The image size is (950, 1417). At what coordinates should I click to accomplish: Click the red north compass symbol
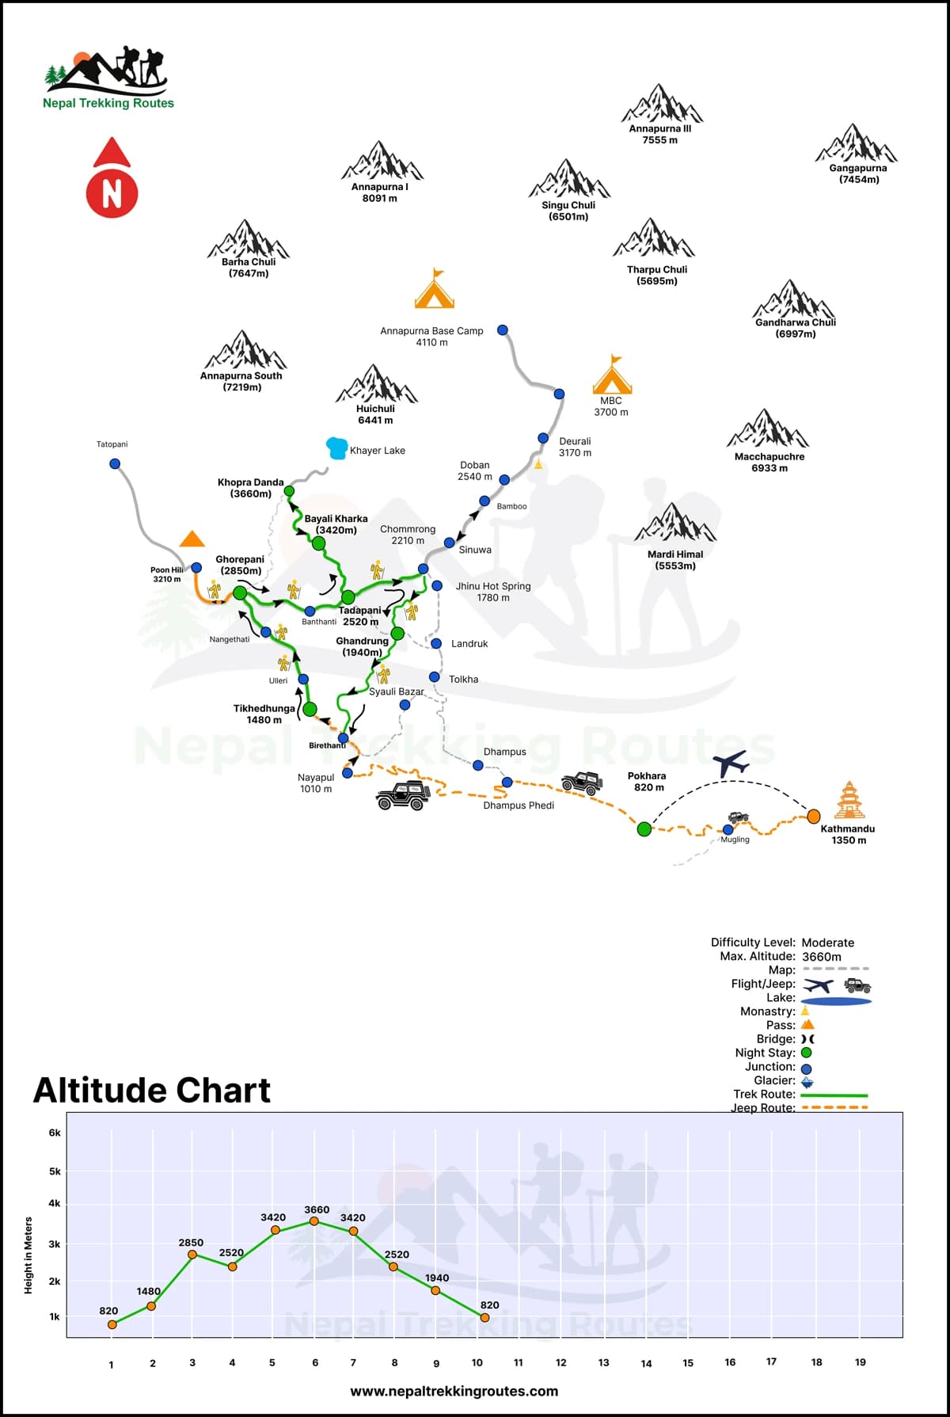[112, 179]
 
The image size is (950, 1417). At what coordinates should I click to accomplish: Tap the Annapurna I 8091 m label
[380, 192]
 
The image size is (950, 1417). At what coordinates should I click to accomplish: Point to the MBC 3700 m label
[611, 406]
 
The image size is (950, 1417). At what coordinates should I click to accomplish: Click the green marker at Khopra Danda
[289, 491]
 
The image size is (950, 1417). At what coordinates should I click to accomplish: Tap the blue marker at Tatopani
[115, 463]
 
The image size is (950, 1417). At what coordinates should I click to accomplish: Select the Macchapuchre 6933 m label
[769, 462]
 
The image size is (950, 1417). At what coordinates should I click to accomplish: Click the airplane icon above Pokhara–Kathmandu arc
[731, 764]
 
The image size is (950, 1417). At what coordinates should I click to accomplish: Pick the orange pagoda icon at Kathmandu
[848, 800]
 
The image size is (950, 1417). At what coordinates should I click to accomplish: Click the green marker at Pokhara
[644, 828]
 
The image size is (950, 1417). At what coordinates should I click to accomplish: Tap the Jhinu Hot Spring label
[493, 592]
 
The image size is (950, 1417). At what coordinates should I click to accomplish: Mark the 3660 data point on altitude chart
[314, 1221]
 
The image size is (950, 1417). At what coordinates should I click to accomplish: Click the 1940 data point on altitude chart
[435, 1290]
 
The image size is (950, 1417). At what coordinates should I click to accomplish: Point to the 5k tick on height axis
[55, 1171]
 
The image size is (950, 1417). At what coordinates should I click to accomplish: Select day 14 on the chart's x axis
[646, 1363]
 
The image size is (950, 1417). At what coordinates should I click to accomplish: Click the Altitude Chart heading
[152, 1090]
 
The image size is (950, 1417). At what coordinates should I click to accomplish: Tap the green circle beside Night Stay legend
[807, 1053]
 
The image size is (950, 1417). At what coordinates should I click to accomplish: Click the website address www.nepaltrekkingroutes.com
[454, 1391]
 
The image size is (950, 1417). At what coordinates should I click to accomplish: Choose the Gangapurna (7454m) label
[858, 173]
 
